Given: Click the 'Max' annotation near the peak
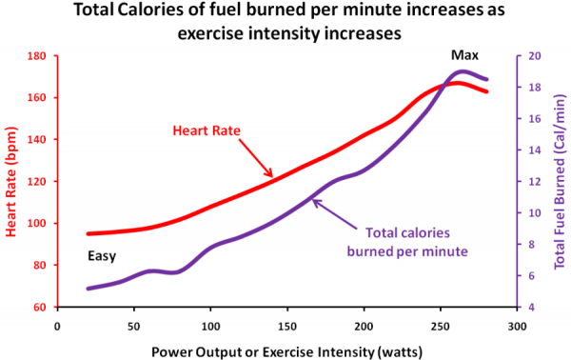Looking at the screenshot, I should coord(464,55).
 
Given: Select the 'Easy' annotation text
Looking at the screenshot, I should coord(102,257).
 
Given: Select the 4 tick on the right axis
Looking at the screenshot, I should coord(532,308).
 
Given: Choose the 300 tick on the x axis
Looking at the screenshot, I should coord(517,324).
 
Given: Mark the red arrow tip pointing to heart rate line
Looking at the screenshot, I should coord(273,176).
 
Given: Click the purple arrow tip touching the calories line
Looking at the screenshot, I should coord(313,199).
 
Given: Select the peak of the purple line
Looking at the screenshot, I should coord(463,71).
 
